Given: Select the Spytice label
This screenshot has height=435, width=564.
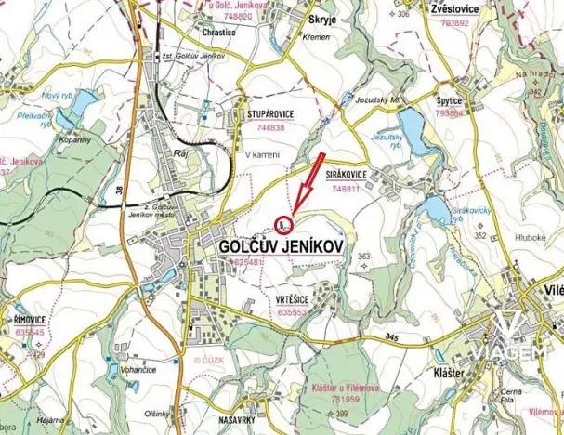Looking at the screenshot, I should click(450, 99).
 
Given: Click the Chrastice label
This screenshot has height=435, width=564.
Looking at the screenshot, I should click(218, 32).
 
